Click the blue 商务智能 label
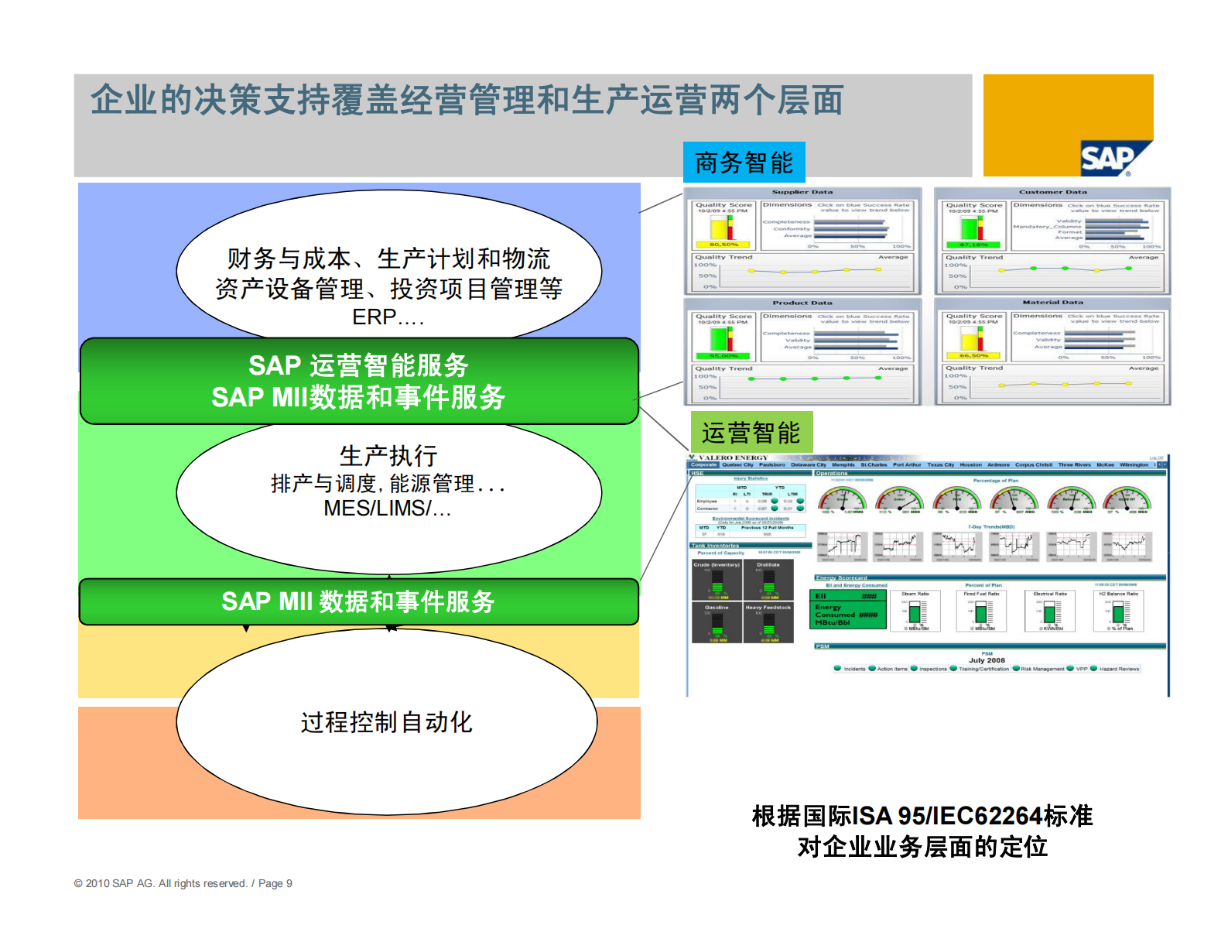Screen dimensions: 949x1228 (744, 163)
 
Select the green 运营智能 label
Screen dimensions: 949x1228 (751, 432)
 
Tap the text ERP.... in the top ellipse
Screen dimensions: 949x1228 (388, 317)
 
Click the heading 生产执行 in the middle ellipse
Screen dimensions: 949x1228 (388, 455)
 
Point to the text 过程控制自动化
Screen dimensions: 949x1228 (386, 722)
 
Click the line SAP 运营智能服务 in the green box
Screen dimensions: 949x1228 (358, 365)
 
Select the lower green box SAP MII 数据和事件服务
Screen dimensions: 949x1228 (358, 601)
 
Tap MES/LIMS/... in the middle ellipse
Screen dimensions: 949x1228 (387, 509)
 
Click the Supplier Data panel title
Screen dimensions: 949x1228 (802, 192)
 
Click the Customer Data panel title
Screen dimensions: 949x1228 (1052, 192)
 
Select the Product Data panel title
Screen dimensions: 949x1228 (802, 303)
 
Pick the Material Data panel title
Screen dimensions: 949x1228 (1052, 303)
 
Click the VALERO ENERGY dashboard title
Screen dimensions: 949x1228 (733, 457)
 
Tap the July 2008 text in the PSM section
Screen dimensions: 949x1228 (987, 660)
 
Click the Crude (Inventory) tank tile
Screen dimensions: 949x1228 (717, 581)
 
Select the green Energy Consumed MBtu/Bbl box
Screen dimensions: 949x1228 (847, 610)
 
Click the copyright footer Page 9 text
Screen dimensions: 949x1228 (275, 883)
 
